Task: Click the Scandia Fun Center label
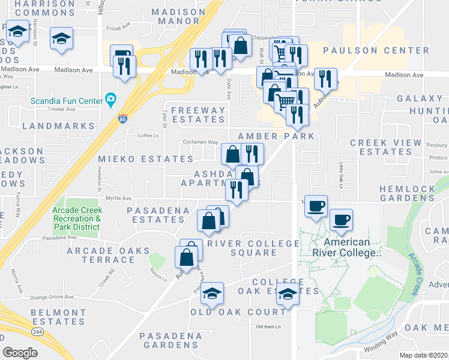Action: point(67,99)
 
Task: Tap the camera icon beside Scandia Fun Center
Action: point(110,98)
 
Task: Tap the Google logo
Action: point(20,352)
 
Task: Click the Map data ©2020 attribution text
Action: point(424,355)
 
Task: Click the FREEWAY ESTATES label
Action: point(198,115)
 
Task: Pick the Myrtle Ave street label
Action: point(118,198)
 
